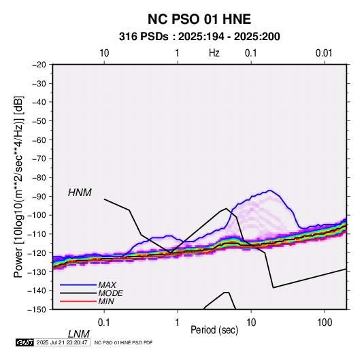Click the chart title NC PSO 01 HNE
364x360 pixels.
199,19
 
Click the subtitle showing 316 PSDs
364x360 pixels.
199,37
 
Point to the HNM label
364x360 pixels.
80,193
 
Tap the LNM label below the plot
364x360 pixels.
78,334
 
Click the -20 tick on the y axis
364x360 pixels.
39,65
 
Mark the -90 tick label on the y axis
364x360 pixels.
39,196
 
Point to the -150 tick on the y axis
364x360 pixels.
37,310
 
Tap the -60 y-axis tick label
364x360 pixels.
39,140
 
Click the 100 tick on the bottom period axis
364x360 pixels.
325,323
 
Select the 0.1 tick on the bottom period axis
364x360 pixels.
104,323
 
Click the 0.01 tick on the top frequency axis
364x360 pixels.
324,53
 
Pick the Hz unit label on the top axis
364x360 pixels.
214,53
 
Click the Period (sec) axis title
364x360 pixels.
214,330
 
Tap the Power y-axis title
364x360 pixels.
18,186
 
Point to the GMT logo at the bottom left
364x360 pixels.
24,342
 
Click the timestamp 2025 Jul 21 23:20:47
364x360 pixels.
62,342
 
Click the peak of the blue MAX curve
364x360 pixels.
269,191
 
